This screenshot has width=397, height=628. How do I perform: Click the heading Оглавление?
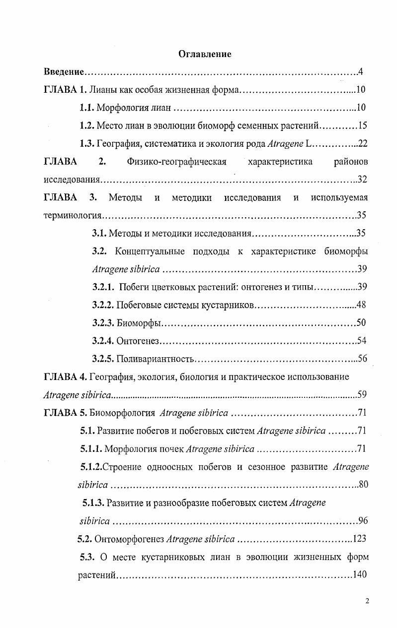(205, 54)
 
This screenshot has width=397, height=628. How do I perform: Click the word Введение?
(64, 72)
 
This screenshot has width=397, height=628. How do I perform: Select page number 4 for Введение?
(361, 72)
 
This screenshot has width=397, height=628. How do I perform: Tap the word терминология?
(73, 215)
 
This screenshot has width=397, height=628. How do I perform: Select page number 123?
(359, 538)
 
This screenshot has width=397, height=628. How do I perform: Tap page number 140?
(359, 574)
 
